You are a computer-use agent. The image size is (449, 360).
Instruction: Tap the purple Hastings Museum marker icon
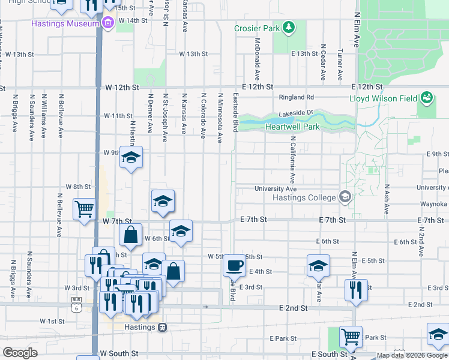click(x=108, y=23)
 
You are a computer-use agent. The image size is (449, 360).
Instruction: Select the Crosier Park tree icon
click(x=289, y=28)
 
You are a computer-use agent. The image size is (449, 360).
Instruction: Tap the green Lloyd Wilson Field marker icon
click(x=427, y=97)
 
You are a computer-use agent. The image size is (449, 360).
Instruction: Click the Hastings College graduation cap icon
click(x=345, y=197)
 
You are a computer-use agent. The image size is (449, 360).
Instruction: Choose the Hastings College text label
click(x=304, y=198)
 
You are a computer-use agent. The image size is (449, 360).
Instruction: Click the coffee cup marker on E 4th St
click(x=234, y=265)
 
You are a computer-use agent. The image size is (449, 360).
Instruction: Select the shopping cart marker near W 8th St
click(x=84, y=209)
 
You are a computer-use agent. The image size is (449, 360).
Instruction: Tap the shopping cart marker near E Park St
click(x=351, y=336)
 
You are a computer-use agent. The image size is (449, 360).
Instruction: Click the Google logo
click(x=20, y=353)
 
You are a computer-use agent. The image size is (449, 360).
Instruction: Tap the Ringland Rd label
click(x=297, y=97)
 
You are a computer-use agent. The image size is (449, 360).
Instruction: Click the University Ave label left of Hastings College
click(x=276, y=188)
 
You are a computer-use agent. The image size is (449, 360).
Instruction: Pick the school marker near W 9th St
click(x=131, y=157)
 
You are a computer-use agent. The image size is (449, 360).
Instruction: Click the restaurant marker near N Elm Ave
click(x=356, y=289)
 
